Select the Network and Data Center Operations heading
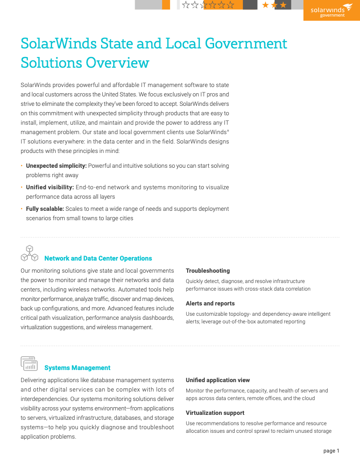98,258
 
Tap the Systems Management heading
77,368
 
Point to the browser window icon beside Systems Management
29,363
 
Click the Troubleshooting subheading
208,271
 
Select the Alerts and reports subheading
210,304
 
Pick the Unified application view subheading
218,380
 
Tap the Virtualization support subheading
215,413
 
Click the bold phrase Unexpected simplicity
56,166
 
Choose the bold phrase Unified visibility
50,187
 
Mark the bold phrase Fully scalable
45,209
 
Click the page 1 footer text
331,451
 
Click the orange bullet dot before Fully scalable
22,209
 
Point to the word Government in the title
246,44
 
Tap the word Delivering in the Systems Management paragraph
36,380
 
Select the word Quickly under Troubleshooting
196,282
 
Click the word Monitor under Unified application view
196,391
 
